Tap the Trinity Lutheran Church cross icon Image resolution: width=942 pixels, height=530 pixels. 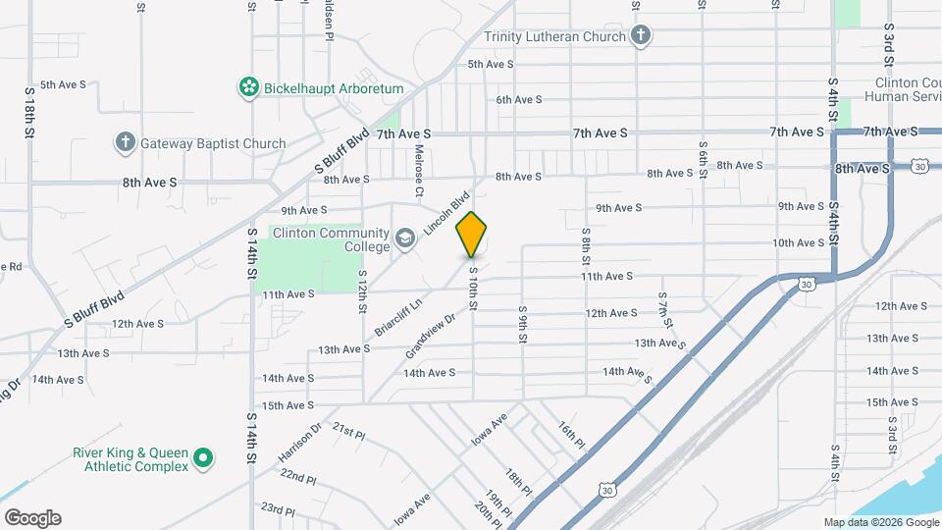(641, 37)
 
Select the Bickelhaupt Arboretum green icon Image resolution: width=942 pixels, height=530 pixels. (248, 88)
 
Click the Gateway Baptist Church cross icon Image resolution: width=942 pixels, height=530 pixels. (125, 143)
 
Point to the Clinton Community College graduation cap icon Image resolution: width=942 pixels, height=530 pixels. (404, 238)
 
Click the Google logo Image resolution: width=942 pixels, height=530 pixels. (32, 518)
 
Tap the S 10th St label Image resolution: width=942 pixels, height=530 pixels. (472, 290)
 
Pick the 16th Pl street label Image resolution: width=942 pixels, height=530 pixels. (571, 436)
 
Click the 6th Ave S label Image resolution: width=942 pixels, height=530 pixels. (519, 100)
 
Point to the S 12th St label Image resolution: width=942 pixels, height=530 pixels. (362, 291)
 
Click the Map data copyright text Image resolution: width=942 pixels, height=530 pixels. (880, 522)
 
